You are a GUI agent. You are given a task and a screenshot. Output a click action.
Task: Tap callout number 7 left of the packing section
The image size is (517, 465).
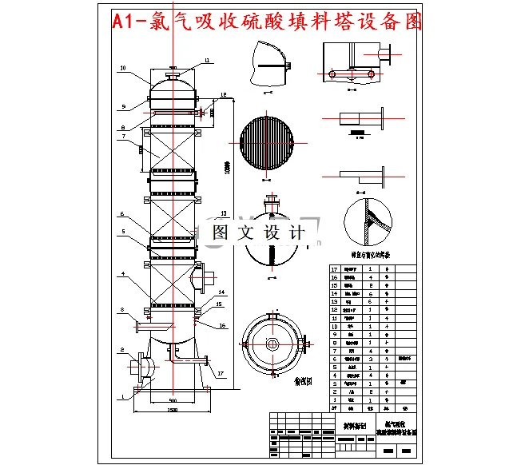click(x=123, y=137)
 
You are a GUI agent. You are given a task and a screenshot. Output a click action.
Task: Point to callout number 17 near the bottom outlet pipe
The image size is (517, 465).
click(x=221, y=374)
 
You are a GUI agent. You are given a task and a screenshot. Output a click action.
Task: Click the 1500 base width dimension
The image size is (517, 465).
click(x=172, y=410)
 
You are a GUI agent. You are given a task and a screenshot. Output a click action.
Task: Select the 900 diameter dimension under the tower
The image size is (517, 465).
click(x=172, y=400)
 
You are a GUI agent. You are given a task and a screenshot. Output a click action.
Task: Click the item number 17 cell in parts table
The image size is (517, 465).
click(x=336, y=269)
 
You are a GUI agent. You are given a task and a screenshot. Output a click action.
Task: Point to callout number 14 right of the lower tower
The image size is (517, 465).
click(x=221, y=293)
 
